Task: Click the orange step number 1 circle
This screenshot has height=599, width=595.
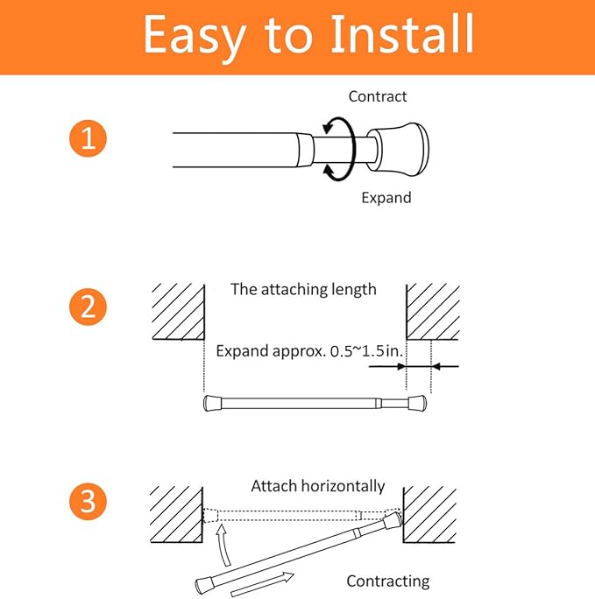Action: [x=88, y=138]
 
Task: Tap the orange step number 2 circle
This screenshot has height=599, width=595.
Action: [x=88, y=307]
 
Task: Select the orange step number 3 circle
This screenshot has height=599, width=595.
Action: [x=88, y=501]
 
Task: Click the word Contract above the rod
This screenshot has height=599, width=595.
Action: [x=378, y=96]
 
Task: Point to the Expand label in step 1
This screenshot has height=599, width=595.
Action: [x=386, y=198]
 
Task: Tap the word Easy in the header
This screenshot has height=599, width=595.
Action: [x=195, y=36]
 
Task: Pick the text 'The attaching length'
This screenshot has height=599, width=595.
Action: [x=303, y=289]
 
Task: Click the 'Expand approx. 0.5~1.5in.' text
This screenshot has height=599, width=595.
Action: [x=309, y=351]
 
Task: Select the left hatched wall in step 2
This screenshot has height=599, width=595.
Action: [x=178, y=312]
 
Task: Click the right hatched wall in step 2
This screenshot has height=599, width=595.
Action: [x=433, y=312]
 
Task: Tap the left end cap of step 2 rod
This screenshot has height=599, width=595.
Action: [x=212, y=404]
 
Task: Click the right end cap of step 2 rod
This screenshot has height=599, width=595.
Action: [x=417, y=404]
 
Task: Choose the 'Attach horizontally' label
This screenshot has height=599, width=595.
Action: [x=318, y=486]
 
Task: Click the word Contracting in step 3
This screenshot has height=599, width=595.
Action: [x=388, y=581]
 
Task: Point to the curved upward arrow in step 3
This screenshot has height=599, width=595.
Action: [x=223, y=545]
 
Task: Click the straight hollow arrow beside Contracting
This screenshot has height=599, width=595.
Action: [x=263, y=584]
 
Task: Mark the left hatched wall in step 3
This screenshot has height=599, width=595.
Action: [x=176, y=514]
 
